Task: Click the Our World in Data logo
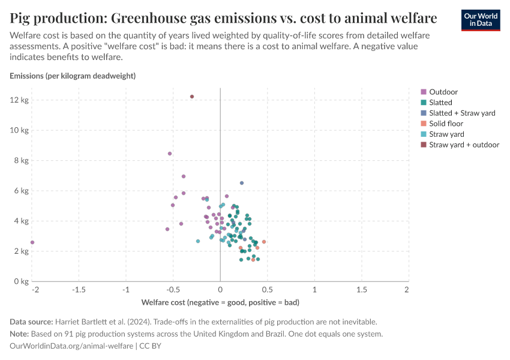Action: click(481, 20)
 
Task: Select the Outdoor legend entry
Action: click(439, 92)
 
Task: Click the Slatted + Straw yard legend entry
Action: click(458, 113)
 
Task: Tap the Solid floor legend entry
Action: click(442, 124)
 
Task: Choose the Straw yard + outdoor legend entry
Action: click(460, 145)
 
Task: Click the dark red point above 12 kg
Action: click(192, 97)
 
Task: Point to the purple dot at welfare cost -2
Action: click(32, 242)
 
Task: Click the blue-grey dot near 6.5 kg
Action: click(242, 183)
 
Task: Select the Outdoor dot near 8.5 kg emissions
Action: click(169, 154)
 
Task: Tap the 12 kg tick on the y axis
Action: click(19, 100)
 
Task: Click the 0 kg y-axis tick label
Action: click(21, 281)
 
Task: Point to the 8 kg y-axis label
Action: click(21, 160)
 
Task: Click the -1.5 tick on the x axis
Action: click(79, 289)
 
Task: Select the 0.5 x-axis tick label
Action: click(268, 289)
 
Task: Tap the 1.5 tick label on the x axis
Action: click(362, 289)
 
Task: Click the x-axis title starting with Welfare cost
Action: click(220, 302)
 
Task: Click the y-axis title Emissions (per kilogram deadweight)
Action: click(73, 76)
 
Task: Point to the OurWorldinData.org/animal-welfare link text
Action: click(71, 346)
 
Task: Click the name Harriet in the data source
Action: click(67, 322)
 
